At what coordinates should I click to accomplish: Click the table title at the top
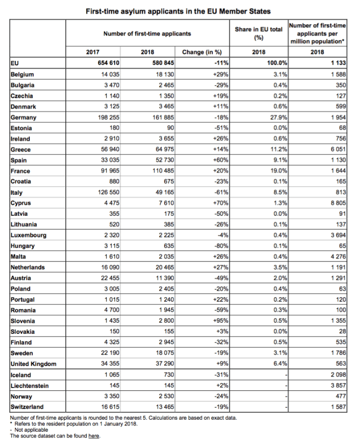(x=178, y=11)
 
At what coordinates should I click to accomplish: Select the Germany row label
(x=23, y=118)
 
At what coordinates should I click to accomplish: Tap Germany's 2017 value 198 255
(x=106, y=118)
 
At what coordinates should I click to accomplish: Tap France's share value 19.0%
(x=279, y=171)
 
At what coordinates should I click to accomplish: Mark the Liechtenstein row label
(x=30, y=386)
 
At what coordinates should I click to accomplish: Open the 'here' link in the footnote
(x=94, y=436)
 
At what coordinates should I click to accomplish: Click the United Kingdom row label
(x=33, y=364)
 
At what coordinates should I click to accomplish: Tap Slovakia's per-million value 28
(x=341, y=332)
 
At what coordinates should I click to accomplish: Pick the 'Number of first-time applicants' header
(x=147, y=34)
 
